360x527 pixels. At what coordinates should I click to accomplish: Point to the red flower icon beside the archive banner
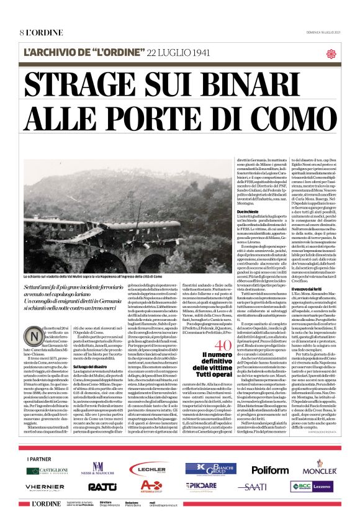(x=331, y=53)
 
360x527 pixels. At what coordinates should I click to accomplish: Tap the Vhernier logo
(x=45, y=487)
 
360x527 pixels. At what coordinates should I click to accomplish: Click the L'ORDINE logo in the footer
(x=47, y=503)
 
